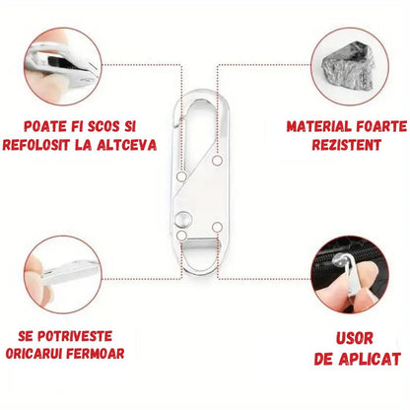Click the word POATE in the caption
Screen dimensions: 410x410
[x=44, y=127]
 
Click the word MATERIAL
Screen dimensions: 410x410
[x=314, y=127]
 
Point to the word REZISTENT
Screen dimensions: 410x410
[x=346, y=145]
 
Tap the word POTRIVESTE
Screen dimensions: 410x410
[x=75, y=336]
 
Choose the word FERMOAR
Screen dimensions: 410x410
[x=96, y=354]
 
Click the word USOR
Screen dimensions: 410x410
[x=355, y=338]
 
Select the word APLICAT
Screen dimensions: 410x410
[x=370, y=359]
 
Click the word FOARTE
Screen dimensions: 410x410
[x=376, y=127]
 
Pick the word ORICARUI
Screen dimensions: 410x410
[x=34, y=354]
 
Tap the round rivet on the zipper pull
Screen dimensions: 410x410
[x=182, y=220]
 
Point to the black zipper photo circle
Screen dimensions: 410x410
[x=350, y=274]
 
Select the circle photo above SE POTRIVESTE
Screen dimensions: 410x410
[x=63, y=274]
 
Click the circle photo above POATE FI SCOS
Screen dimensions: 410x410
[x=63, y=67]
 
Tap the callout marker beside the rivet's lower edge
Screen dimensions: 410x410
[x=181, y=236]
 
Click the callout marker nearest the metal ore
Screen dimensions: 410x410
[x=217, y=161]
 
